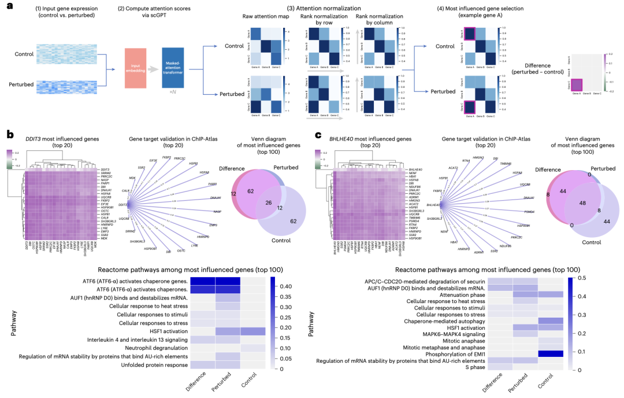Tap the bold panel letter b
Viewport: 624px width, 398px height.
(x=9, y=134)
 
